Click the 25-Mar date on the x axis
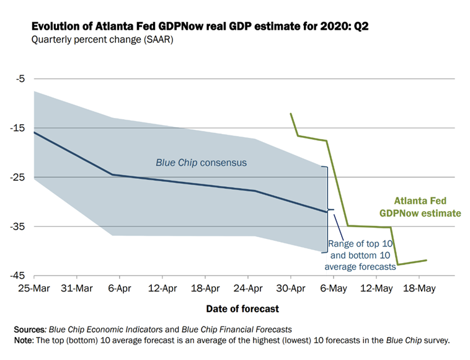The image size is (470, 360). pyautogui.click(x=34, y=289)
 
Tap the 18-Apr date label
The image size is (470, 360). pyautogui.click(x=205, y=289)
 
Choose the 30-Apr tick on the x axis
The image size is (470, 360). pyautogui.click(x=291, y=289)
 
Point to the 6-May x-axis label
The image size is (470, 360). pyautogui.click(x=334, y=289)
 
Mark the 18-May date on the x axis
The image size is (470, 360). pyautogui.click(x=419, y=289)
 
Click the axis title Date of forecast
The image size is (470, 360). pyautogui.click(x=243, y=308)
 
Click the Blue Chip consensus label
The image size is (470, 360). pyautogui.click(x=201, y=163)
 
